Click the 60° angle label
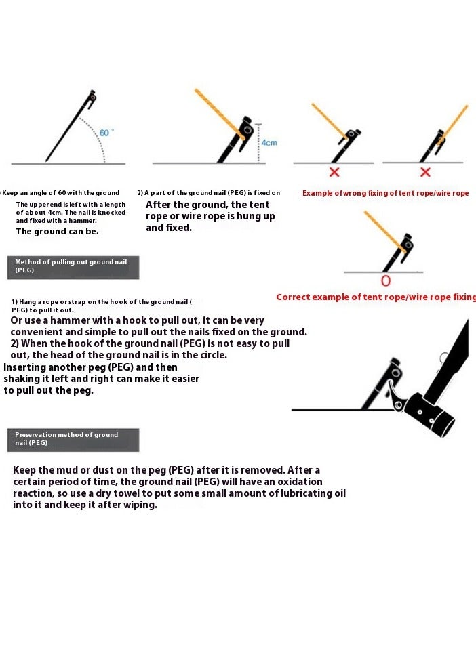pyautogui.click(x=106, y=133)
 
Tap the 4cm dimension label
pyautogui.click(x=269, y=143)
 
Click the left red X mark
pyautogui.click(x=334, y=172)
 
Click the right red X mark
pyautogui.click(x=425, y=172)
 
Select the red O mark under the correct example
pyautogui.click(x=386, y=281)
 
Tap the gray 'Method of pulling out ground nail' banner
pyautogui.click(x=73, y=268)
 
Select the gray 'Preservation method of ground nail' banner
pyautogui.click(x=73, y=440)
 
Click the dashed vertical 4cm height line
pyautogui.click(x=258, y=143)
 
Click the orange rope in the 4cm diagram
pyautogui.click(x=218, y=112)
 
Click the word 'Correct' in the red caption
pyautogui.click(x=292, y=297)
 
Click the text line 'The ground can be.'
pyautogui.click(x=57, y=232)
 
